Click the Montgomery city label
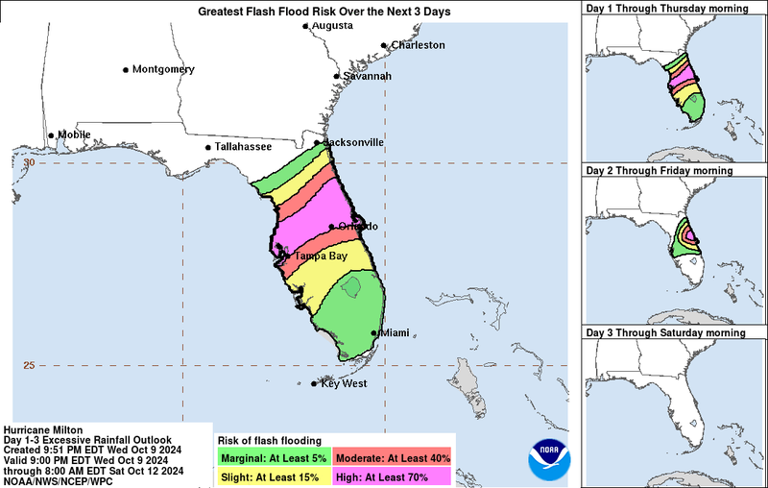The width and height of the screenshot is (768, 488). pyautogui.click(x=163, y=70)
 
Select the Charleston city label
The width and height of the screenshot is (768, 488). pyautogui.click(x=417, y=45)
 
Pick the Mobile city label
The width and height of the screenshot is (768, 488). pyautogui.click(x=74, y=135)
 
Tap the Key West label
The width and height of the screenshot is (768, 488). pyautogui.click(x=343, y=384)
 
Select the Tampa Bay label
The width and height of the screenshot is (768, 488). pyautogui.click(x=321, y=256)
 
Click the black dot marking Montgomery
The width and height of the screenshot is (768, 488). pyautogui.click(x=126, y=70)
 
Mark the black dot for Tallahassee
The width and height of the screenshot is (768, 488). pyautogui.click(x=208, y=148)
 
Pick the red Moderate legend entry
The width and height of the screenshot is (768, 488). pyautogui.click(x=392, y=455)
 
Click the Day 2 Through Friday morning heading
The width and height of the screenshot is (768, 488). pyautogui.click(x=659, y=170)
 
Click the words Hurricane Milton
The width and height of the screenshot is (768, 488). pyautogui.click(x=43, y=429)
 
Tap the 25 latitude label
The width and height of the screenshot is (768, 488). pyautogui.click(x=28, y=365)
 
